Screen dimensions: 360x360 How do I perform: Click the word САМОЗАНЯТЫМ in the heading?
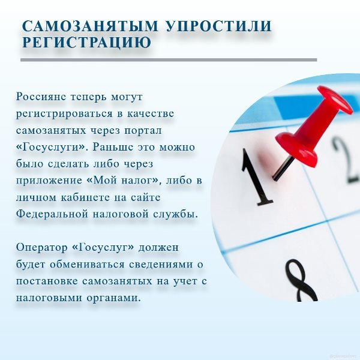click(91, 26)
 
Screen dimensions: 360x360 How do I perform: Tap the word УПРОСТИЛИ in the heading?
click(218, 26)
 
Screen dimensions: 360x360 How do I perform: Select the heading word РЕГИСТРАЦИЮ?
click(87, 42)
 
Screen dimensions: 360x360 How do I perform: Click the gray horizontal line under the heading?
click(169, 60)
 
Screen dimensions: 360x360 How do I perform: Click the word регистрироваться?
click(64, 114)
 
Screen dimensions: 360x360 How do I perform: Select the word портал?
click(143, 131)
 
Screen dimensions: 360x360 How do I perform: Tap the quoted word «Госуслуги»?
click(52, 147)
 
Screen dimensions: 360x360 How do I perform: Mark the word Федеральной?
click(52, 214)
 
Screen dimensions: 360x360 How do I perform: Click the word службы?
click(175, 215)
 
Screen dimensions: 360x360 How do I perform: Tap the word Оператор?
click(41, 248)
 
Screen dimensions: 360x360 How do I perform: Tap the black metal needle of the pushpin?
click(283, 168)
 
